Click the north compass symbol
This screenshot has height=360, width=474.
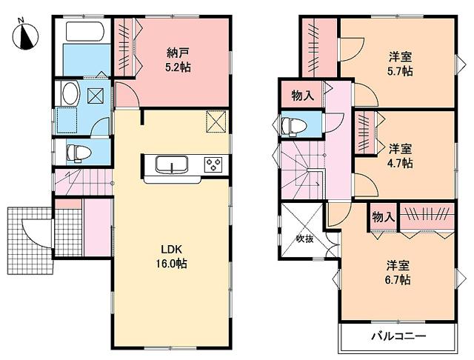coord(24,35)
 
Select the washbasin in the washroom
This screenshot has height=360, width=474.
coord(70,94)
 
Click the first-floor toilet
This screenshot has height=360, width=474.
coord(78,153)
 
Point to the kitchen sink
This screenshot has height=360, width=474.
coord(172,164)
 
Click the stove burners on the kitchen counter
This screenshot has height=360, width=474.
coord(214,164)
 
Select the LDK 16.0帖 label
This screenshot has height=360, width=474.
coord(170,257)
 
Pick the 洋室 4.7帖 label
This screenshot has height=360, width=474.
coord(400,155)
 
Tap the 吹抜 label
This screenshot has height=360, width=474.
coord(306,239)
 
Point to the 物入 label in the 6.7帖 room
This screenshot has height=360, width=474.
coord(383,216)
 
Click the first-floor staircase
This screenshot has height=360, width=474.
coord(81,181)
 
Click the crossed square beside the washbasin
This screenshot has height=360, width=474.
coord(96,95)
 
